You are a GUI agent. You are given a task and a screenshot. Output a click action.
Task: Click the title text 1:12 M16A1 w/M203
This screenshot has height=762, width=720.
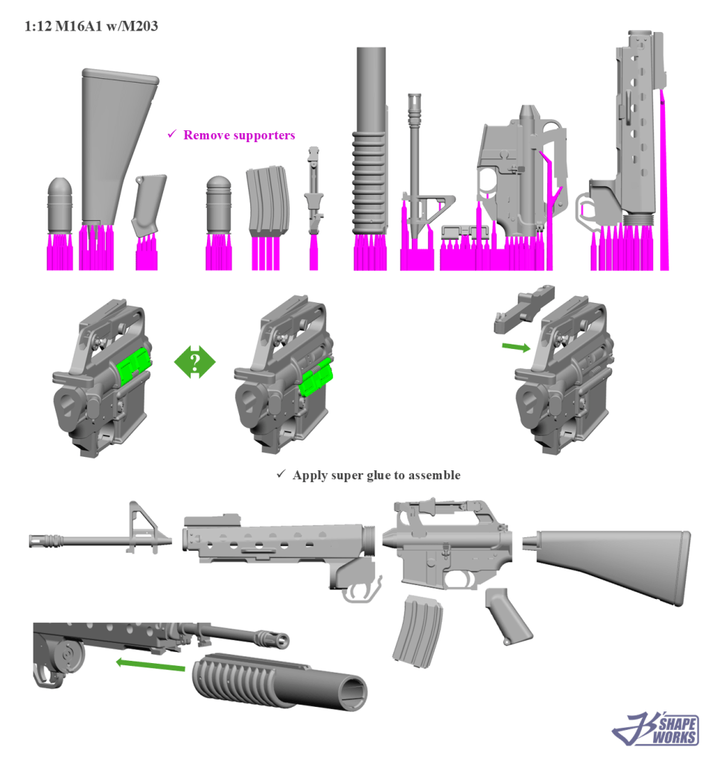click(x=92, y=26)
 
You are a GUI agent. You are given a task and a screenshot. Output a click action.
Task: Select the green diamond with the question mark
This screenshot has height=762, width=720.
click(x=194, y=362)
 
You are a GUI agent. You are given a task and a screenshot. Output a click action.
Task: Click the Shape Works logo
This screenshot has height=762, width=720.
click(x=656, y=729)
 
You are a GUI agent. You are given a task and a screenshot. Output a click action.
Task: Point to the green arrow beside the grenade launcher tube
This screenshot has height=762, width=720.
click(x=150, y=665)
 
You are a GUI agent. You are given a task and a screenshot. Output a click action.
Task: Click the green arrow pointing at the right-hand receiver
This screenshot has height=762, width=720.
click(x=516, y=347)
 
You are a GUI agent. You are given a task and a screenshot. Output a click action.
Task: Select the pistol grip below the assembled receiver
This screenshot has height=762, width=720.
click(x=508, y=616)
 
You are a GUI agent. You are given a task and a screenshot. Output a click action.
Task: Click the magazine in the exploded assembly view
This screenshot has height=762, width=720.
click(x=417, y=631)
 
